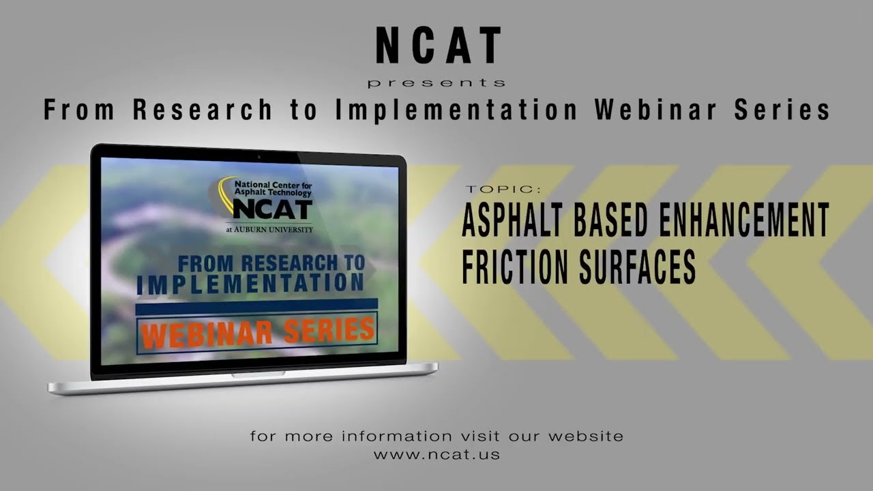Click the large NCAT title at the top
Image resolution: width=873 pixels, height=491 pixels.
tap(438, 46)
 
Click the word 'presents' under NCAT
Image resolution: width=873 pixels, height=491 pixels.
tap(436, 83)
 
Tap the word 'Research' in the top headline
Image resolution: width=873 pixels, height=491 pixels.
tap(203, 110)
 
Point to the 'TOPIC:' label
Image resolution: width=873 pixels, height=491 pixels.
tap(503, 189)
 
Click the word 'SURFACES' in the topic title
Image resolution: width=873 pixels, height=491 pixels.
tap(637, 266)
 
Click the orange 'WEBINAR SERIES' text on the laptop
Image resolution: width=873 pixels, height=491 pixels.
tap(257, 333)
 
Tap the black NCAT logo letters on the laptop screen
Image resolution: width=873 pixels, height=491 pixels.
tap(272, 209)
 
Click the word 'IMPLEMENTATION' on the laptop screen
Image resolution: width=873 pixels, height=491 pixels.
tap(250, 284)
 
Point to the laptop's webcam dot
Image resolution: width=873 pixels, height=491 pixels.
tap(258, 157)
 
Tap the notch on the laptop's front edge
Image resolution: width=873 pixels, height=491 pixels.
tap(250, 375)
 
